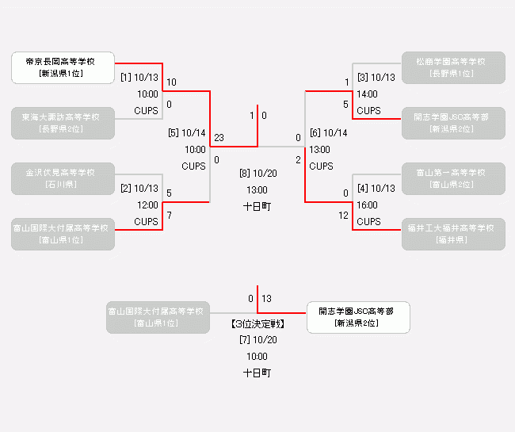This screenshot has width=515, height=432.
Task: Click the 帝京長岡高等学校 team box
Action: click(x=63, y=67)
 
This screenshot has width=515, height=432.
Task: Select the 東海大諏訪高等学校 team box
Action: click(x=63, y=123)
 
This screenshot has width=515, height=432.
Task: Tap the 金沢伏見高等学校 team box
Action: click(x=63, y=178)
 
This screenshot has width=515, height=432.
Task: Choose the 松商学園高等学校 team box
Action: click(x=453, y=67)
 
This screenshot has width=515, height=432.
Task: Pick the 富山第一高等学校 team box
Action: click(x=453, y=178)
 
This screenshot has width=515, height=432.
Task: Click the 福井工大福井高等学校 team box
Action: click(x=453, y=234)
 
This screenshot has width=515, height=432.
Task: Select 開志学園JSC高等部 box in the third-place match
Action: click(x=358, y=317)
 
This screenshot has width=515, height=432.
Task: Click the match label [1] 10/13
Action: click(x=139, y=78)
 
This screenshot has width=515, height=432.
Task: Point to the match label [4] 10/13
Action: click(x=376, y=189)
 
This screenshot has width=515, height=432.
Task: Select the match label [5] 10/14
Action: click(x=187, y=132)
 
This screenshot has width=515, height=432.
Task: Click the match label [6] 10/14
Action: click(x=329, y=132)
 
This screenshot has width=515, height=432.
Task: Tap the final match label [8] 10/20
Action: click(x=257, y=174)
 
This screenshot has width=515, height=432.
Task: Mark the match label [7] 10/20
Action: click(x=257, y=339)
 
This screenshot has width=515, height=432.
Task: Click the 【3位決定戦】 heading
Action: click(x=257, y=323)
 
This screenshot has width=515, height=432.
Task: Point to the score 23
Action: click(x=219, y=138)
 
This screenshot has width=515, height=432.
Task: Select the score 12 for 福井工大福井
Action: click(x=343, y=216)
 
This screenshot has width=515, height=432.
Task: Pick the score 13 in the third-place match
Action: click(x=267, y=299)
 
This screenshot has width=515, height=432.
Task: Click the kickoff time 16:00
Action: click(x=367, y=205)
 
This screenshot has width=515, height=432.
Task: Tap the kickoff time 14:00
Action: click(x=367, y=94)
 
